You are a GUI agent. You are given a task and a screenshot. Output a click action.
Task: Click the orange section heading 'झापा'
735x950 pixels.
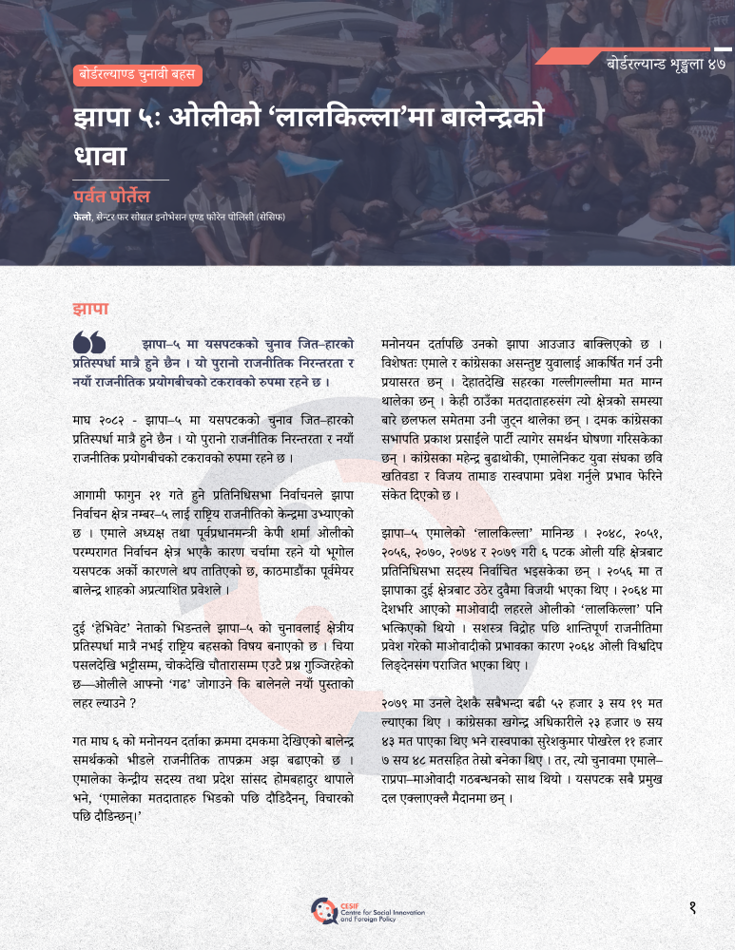(90, 309)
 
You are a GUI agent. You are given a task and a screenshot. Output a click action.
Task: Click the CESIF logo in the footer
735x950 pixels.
(323, 910)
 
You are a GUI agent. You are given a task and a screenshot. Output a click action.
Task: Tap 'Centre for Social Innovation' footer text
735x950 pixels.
(371, 913)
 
